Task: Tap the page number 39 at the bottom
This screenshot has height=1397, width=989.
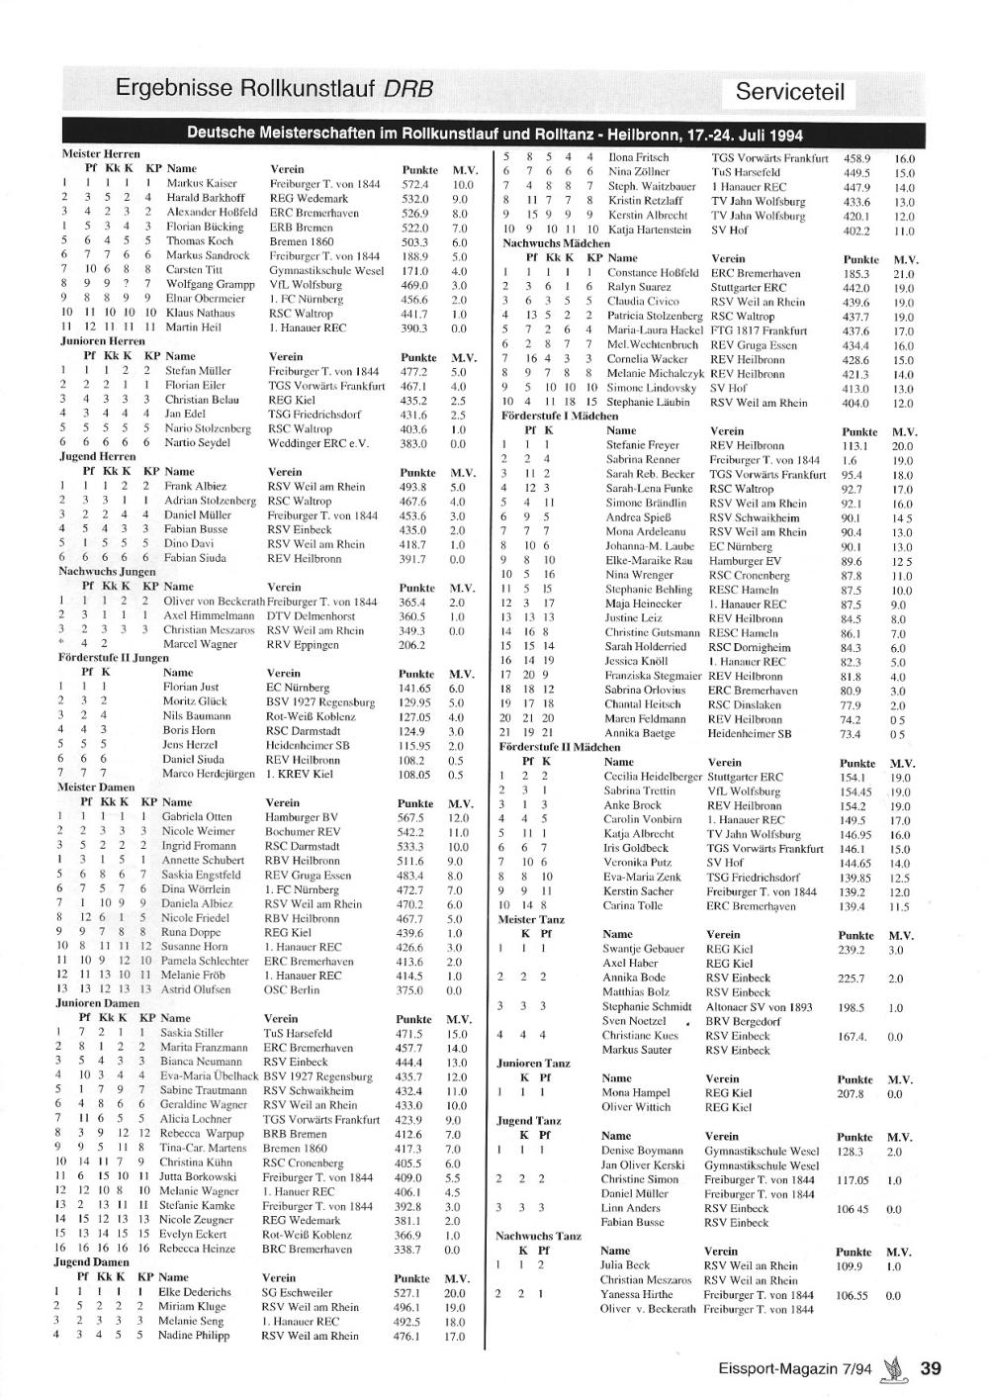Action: pos(930,1368)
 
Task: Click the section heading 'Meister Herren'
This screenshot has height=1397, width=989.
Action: pos(101,154)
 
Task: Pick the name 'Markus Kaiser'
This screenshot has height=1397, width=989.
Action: pos(202,183)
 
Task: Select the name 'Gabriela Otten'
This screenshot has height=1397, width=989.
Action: pos(197,817)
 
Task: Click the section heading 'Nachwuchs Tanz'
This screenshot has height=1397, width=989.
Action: pos(538,1236)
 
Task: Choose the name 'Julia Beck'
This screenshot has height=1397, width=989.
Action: pos(625,1264)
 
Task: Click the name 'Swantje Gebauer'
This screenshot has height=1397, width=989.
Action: pos(643,949)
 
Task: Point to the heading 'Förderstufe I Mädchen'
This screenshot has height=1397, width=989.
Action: pos(559,417)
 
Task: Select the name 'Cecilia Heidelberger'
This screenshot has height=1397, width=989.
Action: pos(652,777)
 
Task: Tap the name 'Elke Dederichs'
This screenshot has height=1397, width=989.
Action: pos(194,1292)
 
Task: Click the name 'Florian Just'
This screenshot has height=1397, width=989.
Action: pos(191,687)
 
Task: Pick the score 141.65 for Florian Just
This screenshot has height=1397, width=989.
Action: pos(415,688)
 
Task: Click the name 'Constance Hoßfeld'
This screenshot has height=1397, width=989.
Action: pos(653,272)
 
